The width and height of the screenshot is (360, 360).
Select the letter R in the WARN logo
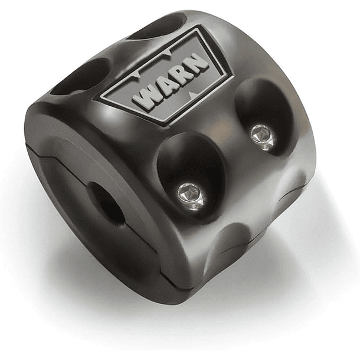pos(179,75)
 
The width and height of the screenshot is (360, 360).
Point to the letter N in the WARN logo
pos(197,63)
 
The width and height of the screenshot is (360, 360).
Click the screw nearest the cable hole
pos(191,197)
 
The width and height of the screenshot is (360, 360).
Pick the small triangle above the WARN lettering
pos(169,53)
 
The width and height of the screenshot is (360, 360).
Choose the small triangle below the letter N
pos(193,94)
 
